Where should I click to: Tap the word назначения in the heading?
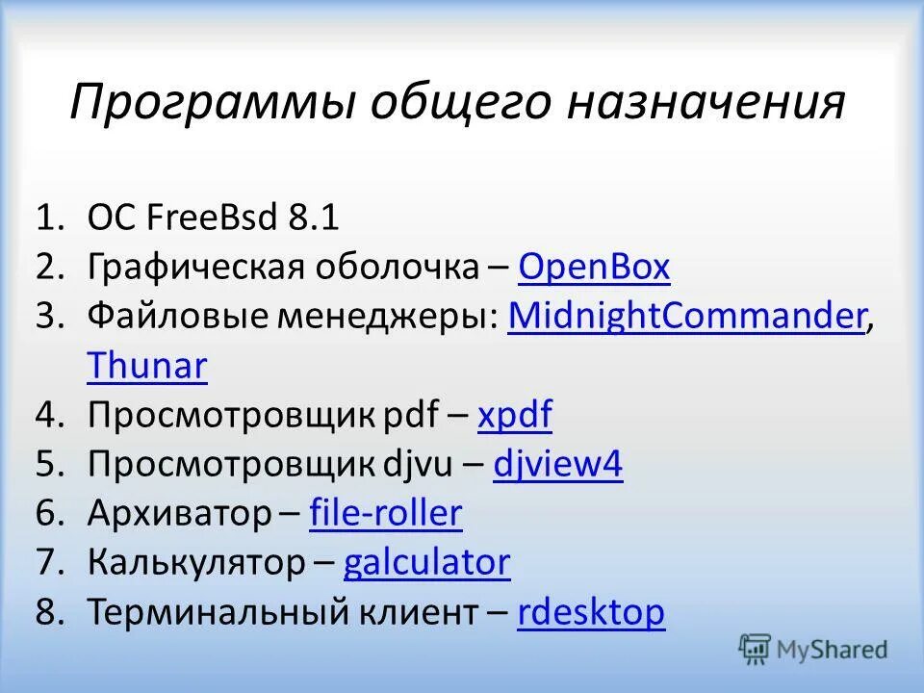pyautogui.click(x=705, y=103)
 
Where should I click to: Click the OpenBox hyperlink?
pyautogui.click(x=593, y=268)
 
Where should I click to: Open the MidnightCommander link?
pyautogui.click(x=685, y=317)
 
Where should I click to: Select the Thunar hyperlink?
pyautogui.click(x=146, y=366)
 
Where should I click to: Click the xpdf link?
pyautogui.click(x=515, y=416)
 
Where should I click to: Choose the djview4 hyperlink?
pyautogui.click(x=558, y=465)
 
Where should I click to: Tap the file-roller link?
pyautogui.click(x=386, y=514)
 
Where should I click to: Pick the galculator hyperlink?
pyautogui.click(x=426, y=563)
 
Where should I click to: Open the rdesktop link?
pyautogui.click(x=590, y=612)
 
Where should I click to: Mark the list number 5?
pyautogui.click(x=47, y=465)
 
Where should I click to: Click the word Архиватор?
pyautogui.click(x=179, y=514)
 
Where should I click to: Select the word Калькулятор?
pyautogui.click(x=195, y=563)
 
